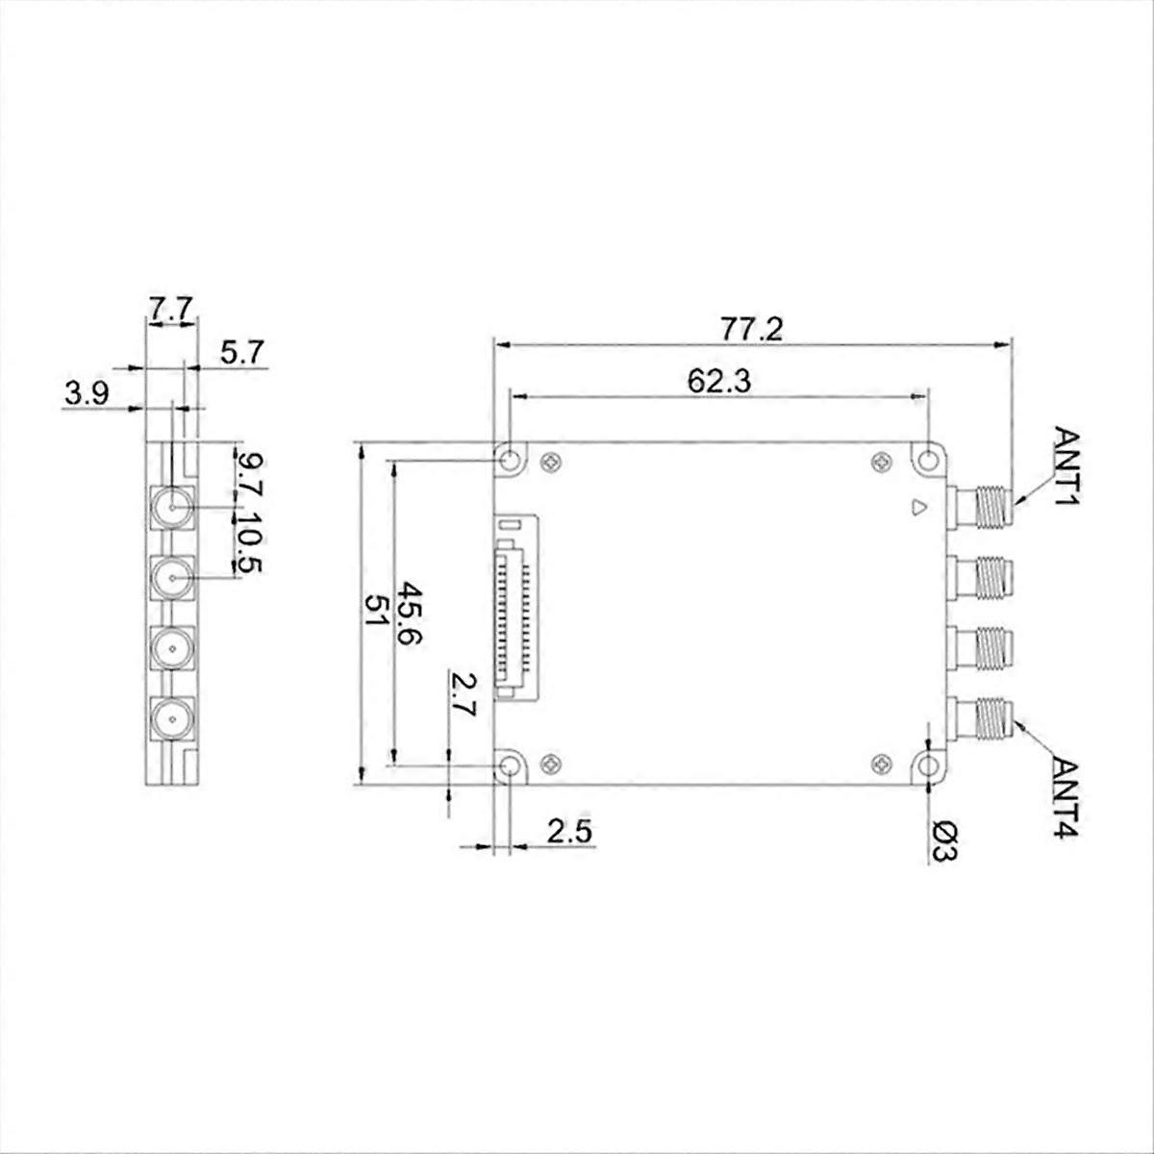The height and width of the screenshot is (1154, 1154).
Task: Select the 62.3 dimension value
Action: pos(718,381)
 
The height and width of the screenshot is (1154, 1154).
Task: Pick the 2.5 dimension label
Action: pos(571,831)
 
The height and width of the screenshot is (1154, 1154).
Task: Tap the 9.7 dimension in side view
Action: pos(248,474)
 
